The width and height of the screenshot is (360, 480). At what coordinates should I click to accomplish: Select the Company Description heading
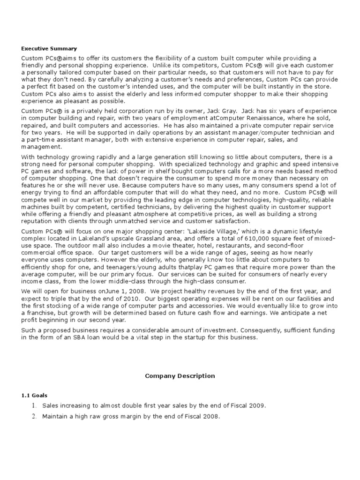(180, 375)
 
